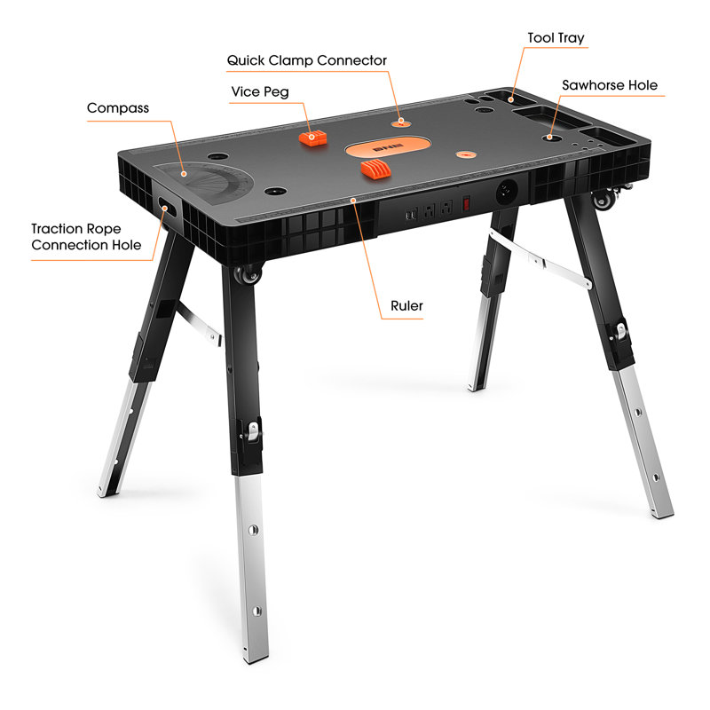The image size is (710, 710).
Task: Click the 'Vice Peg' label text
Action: coord(260,91)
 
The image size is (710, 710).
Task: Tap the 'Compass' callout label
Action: coord(118,108)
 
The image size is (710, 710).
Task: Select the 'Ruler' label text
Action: coord(407,306)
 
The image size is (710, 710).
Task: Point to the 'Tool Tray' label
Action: coord(556,38)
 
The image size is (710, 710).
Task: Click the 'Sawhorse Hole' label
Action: coord(610,85)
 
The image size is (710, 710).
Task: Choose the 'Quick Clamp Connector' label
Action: coord(307,60)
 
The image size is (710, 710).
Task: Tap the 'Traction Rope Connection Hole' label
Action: coord(86,237)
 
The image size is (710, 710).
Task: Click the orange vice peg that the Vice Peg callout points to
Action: coord(312,138)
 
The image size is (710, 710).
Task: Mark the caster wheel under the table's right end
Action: coord(605,199)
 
